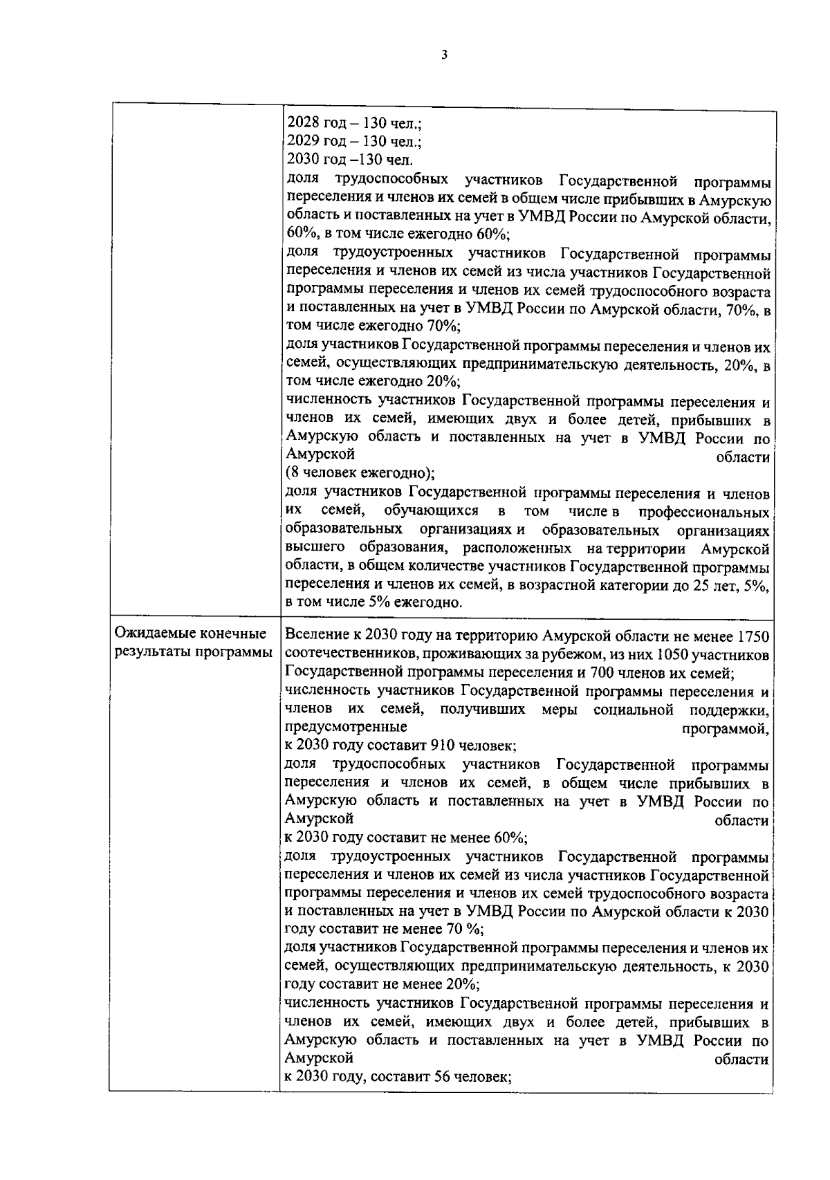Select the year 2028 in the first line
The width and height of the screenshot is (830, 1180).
tap(301, 124)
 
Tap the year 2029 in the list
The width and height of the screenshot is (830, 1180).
tap(301, 142)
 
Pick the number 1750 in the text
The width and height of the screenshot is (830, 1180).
tap(754, 635)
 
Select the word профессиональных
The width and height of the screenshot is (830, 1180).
tap(704, 512)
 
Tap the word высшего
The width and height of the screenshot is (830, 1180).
tap(311, 548)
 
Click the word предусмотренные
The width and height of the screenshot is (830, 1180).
tap(346, 727)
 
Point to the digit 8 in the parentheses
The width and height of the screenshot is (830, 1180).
tap(293, 474)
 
